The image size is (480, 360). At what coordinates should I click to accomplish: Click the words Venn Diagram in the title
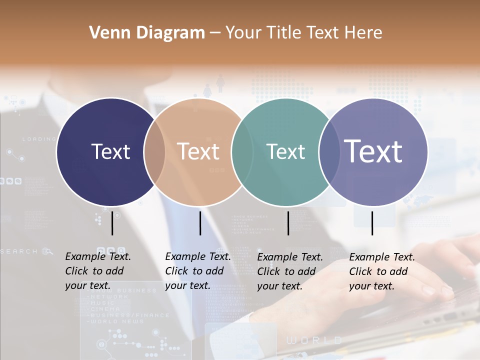pos(147,33)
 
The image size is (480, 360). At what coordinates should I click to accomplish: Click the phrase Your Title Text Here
pos(303,33)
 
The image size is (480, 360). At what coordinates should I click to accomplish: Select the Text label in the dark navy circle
pos(110,151)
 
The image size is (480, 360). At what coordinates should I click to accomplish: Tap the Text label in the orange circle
pos(198,151)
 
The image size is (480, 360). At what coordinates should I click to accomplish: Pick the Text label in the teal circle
pos(286,151)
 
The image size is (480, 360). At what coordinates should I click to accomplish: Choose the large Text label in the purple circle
pos(373,151)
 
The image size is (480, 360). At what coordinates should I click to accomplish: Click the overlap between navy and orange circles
pos(154,152)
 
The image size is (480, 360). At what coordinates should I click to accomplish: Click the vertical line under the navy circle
pos(112,223)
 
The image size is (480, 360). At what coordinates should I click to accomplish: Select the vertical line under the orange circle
pos(200,223)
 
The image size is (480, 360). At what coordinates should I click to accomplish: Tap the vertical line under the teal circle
pos(288,223)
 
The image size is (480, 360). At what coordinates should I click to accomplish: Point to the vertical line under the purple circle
pos(372,223)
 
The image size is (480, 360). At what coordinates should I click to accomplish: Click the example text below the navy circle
pos(97,271)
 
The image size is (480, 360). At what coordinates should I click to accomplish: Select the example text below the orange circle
pos(197,271)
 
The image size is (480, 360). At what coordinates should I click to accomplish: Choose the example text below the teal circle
pos(289,271)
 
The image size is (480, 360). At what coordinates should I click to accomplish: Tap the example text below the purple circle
pos(381,271)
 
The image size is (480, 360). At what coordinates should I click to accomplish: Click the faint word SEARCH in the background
pos(19,251)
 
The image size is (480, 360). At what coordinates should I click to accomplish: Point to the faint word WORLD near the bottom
pos(314,340)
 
